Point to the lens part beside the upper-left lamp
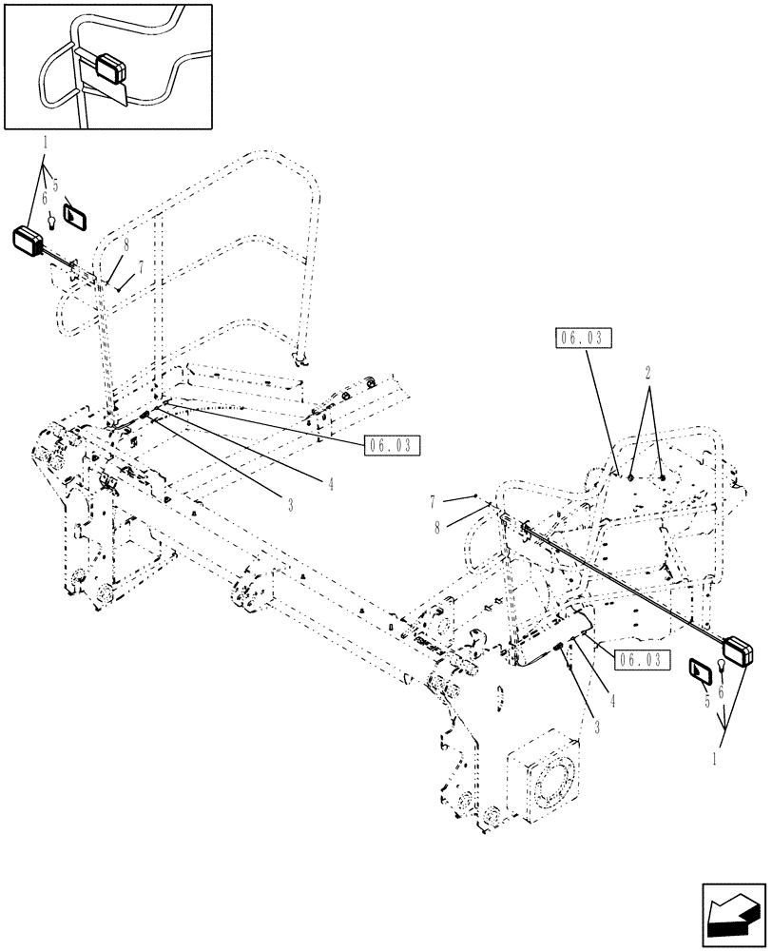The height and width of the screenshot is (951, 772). [74, 216]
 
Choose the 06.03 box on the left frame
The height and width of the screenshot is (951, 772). [391, 443]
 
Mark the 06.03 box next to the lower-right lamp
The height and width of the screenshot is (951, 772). [642, 658]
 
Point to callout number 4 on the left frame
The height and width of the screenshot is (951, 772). [329, 482]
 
